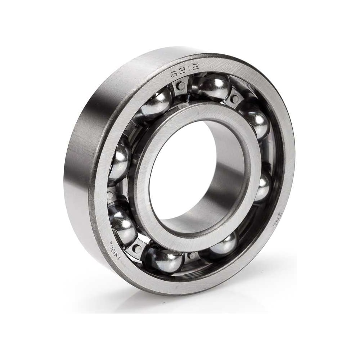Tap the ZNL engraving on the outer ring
pyautogui.click(x=276, y=220)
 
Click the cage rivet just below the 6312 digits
pyautogui.click(x=181, y=86)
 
